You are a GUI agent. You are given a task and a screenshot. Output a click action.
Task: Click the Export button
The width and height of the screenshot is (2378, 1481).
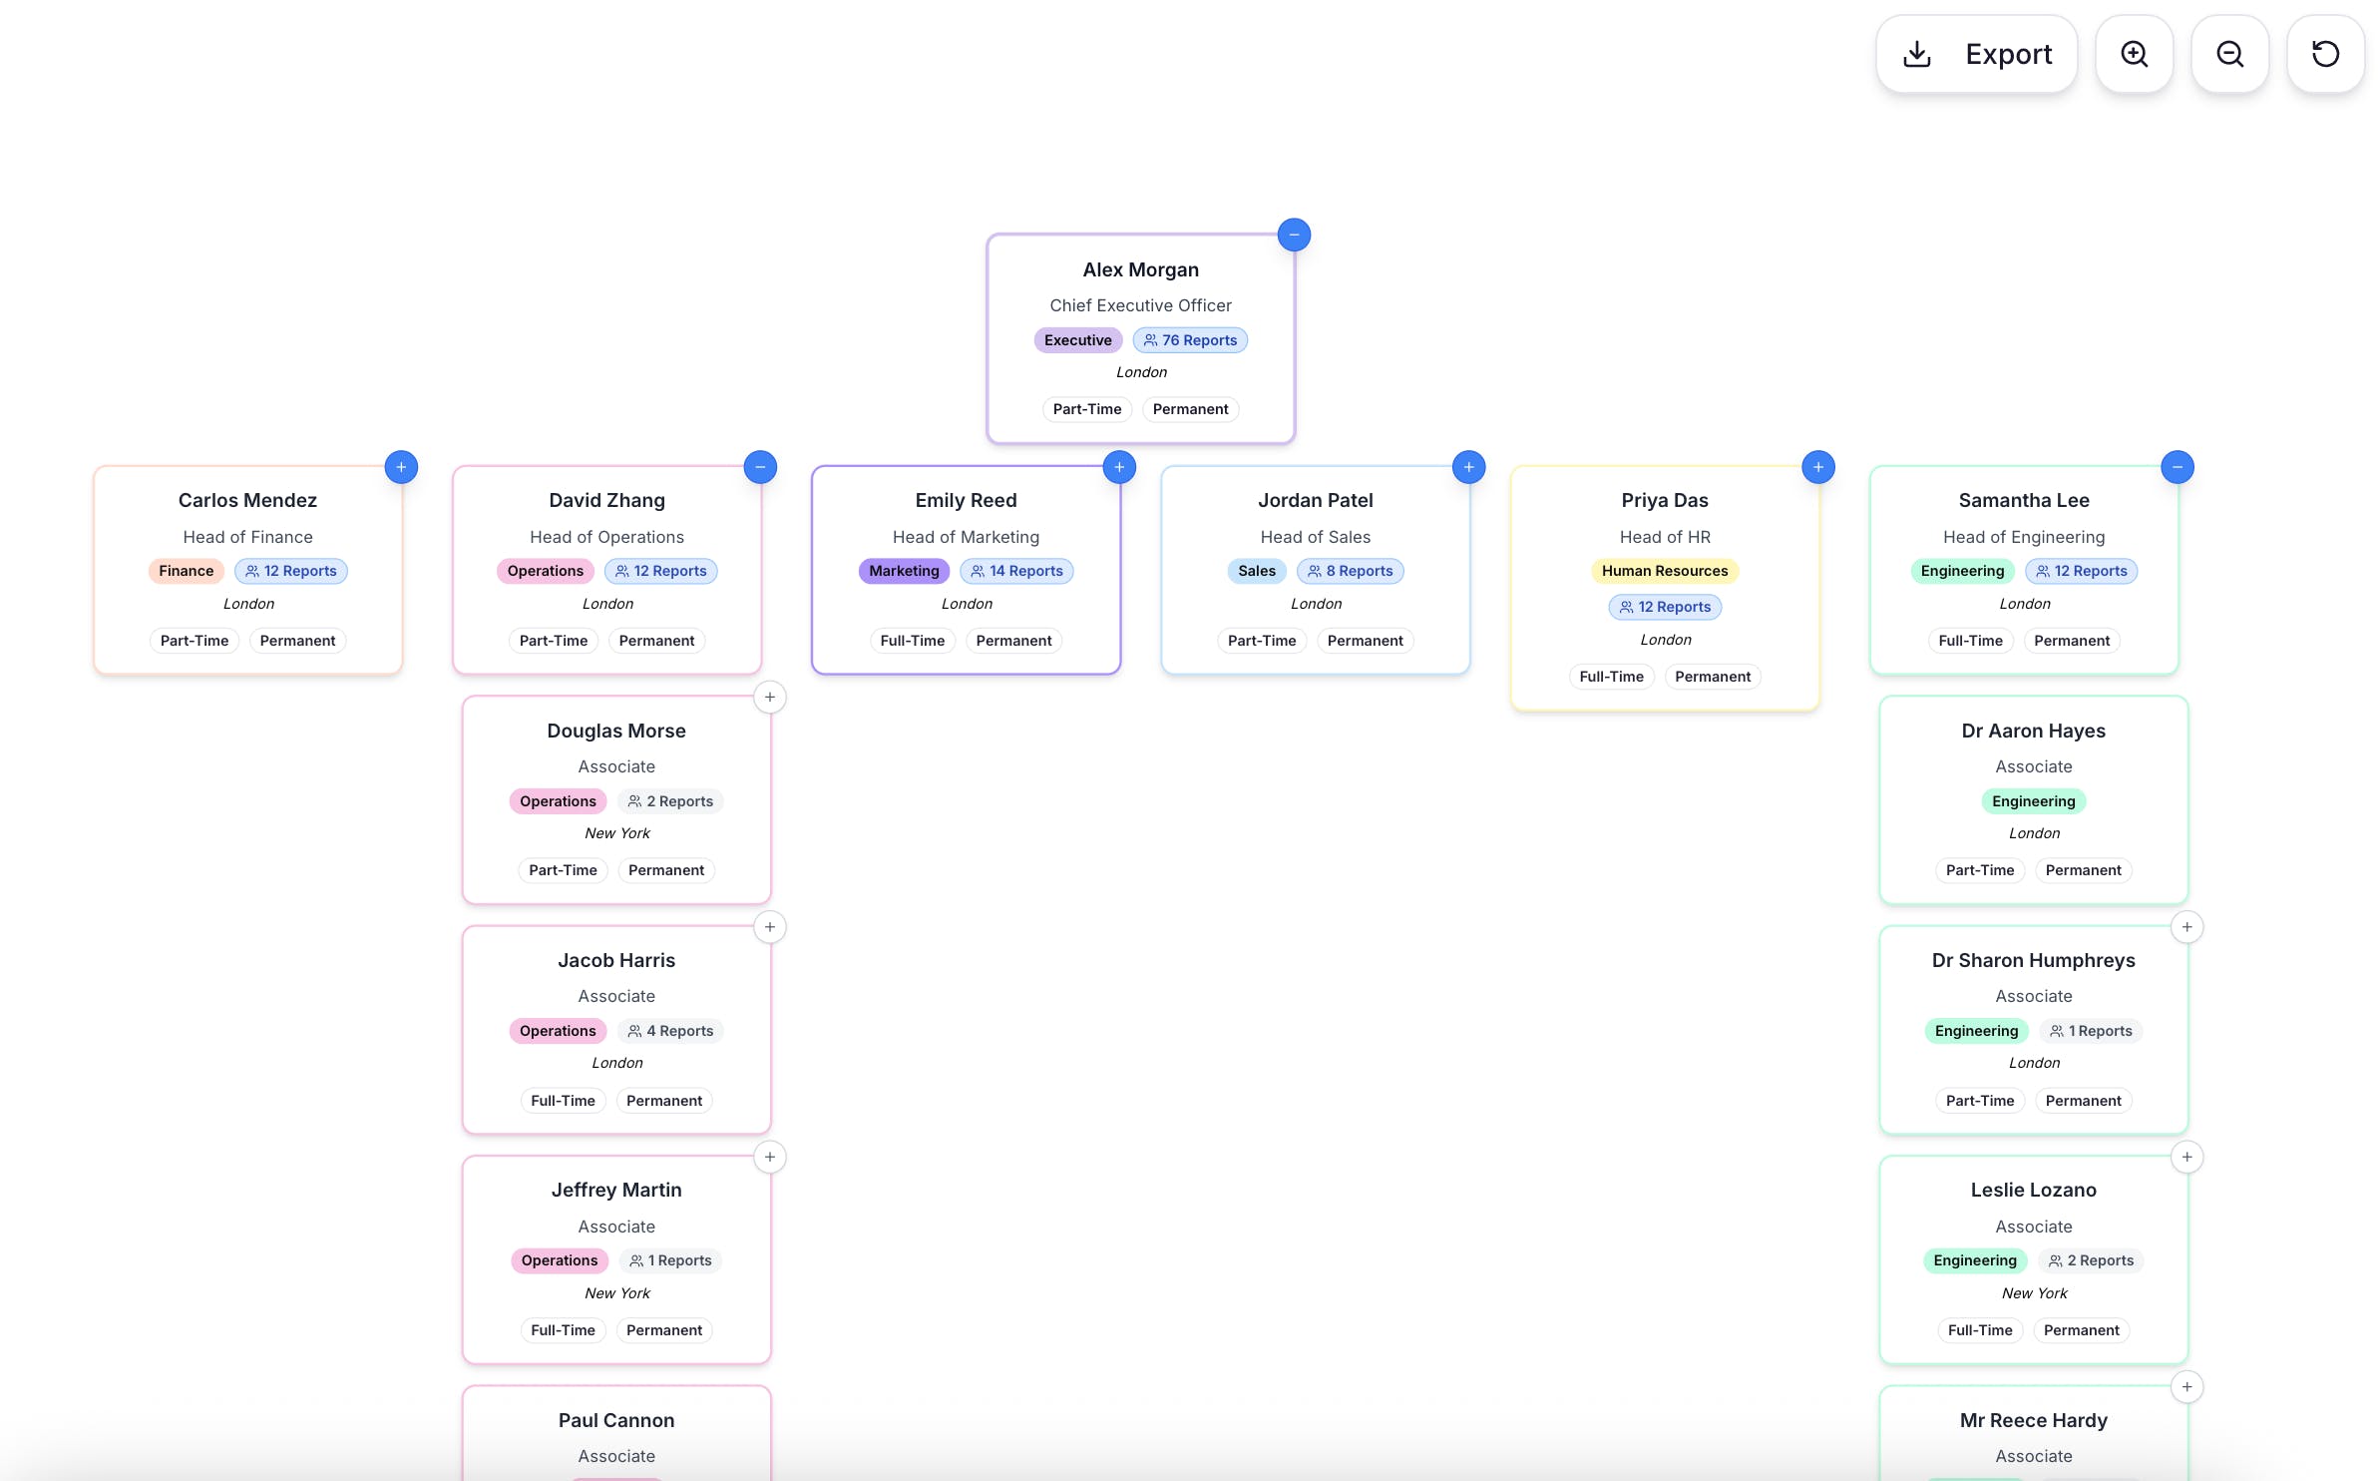[1976, 54]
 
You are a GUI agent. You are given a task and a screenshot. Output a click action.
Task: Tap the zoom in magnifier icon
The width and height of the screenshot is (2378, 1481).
[2134, 54]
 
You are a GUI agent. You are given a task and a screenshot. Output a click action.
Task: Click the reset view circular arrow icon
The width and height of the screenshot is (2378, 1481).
[2325, 54]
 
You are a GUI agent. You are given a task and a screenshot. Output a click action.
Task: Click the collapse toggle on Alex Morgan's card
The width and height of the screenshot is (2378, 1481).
[1294, 235]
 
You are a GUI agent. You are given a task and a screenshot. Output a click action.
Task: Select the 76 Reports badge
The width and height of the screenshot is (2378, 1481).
[1190, 340]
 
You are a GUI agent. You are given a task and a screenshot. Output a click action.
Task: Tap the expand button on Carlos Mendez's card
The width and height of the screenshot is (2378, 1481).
[401, 466]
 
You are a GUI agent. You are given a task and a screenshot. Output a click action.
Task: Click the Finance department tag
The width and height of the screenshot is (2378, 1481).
[187, 571]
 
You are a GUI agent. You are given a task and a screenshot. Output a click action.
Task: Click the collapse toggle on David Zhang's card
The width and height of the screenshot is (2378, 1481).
[760, 466]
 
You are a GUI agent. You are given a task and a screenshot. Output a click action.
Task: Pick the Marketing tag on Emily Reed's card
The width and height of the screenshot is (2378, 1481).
[904, 571]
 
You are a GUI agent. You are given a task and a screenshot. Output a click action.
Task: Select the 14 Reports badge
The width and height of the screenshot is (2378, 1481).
[1016, 571]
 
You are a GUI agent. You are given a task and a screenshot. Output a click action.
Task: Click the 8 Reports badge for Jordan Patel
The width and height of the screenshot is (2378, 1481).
[1350, 571]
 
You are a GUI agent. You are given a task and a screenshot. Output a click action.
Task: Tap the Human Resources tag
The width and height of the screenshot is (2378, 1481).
[1665, 571]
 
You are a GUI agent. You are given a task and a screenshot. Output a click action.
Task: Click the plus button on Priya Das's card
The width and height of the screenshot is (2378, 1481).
[1818, 466]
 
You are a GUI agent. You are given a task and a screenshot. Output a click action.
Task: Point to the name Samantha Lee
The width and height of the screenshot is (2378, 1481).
[2024, 500]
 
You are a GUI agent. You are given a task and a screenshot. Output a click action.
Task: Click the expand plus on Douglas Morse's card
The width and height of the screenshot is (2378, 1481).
[770, 697]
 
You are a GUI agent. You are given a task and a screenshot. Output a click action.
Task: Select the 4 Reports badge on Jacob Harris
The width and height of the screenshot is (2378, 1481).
[670, 1031]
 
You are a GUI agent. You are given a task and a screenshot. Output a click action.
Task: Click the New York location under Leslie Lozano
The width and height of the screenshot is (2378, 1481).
[2034, 1293]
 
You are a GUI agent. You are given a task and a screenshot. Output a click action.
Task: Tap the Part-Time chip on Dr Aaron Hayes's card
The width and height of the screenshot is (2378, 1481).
[1980, 870]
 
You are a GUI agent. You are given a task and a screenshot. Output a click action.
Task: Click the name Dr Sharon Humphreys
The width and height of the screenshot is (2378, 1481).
[2034, 960]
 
